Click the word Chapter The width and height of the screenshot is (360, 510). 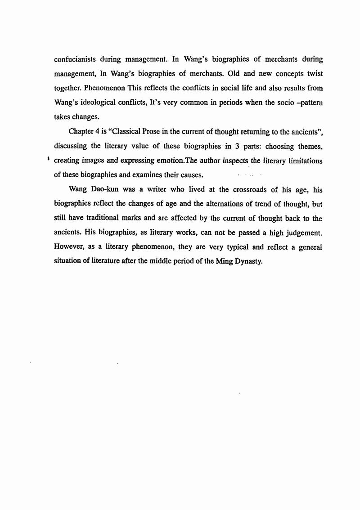click(81, 131)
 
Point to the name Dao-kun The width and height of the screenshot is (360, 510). click(105, 190)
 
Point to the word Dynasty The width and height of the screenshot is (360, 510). click(247, 262)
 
